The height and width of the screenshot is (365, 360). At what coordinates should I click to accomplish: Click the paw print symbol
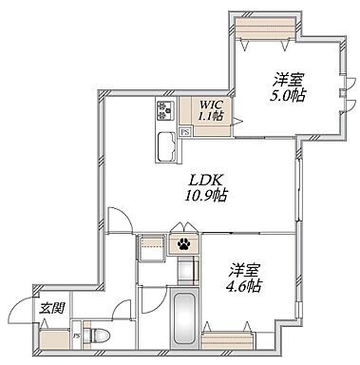click(184, 243)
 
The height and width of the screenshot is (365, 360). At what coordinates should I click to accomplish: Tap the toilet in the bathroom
click(97, 335)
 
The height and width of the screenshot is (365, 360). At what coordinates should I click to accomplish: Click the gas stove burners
click(165, 110)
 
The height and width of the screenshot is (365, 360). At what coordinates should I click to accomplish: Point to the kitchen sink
click(166, 146)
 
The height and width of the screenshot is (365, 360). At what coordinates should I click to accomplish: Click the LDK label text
click(204, 181)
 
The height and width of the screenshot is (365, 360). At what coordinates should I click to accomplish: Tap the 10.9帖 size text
click(206, 195)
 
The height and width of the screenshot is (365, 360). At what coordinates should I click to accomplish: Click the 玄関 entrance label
click(52, 308)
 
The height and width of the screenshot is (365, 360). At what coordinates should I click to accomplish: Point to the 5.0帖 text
click(288, 95)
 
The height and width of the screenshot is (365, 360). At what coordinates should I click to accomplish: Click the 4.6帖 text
click(243, 286)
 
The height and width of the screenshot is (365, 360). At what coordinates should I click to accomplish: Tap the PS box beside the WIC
click(185, 132)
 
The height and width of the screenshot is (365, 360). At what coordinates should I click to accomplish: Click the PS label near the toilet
click(77, 336)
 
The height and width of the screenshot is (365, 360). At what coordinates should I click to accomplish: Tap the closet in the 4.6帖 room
click(227, 340)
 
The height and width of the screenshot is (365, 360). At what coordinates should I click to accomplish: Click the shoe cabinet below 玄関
click(54, 340)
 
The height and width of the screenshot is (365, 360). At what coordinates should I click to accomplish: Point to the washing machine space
click(151, 248)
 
